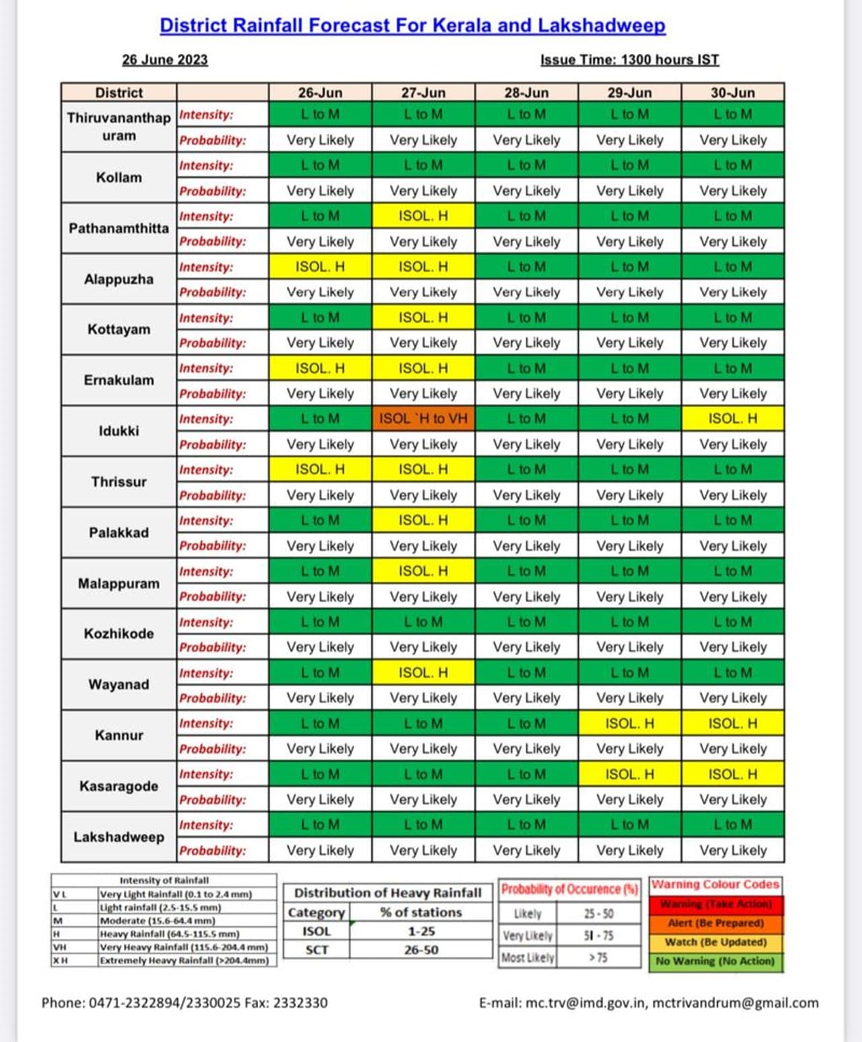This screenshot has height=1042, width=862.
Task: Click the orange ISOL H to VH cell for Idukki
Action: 423,419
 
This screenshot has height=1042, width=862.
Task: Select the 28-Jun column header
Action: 526,92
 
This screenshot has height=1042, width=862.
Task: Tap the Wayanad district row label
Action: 119,684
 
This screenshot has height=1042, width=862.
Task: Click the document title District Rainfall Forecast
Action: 412,26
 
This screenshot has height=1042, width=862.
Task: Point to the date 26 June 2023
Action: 165,60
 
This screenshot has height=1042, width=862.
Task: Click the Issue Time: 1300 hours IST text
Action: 630,60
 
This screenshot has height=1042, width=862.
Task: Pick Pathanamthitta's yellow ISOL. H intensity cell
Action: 423,216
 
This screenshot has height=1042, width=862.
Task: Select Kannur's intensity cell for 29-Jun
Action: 629,723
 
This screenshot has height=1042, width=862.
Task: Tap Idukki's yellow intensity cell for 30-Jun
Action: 733,419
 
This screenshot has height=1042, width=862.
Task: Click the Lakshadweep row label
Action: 119,837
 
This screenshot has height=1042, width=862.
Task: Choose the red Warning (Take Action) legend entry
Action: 716,904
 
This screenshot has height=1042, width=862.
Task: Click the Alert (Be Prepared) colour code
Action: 716,923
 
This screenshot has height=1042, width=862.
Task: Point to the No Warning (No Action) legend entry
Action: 716,961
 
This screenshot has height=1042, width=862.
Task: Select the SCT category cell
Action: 317,950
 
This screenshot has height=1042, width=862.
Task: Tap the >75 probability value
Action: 598,957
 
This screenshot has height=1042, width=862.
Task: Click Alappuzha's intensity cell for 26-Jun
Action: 320,267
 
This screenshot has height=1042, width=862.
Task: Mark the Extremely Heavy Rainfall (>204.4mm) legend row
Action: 184,960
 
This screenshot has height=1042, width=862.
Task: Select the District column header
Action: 119,92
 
